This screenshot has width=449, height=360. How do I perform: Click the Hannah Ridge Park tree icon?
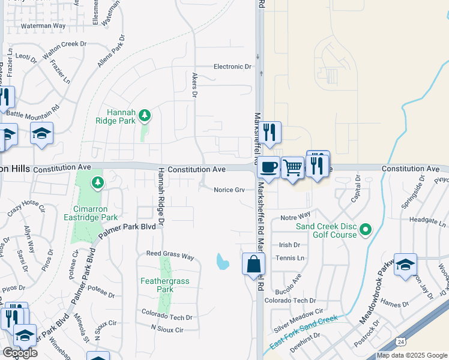144,115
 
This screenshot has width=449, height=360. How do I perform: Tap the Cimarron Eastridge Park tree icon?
97,181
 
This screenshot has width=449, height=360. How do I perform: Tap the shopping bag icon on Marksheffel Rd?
254,263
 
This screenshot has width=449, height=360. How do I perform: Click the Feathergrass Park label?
157,285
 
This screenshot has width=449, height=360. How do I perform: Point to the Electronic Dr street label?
232,67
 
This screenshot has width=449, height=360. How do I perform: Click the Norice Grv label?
229,190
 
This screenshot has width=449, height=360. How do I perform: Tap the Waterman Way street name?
43,26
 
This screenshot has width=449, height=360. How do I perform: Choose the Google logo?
19,353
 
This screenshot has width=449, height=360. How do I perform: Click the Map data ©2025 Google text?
412,355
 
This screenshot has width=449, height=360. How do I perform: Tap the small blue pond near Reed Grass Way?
222,262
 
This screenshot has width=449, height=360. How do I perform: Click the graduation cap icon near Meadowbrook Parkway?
405,264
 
